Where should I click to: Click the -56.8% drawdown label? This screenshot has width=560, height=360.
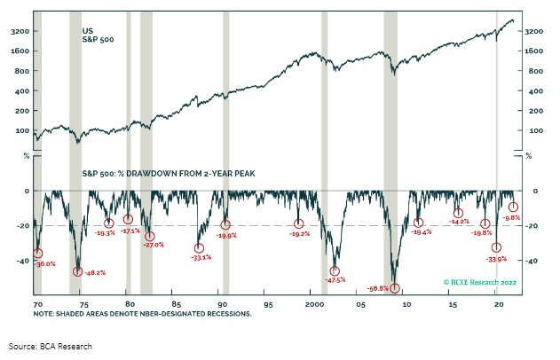[376, 287]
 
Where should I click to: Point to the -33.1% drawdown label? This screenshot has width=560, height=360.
[201, 257]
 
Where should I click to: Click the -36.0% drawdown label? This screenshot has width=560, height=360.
[44, 263]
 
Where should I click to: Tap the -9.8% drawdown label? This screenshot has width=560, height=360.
[511, 217]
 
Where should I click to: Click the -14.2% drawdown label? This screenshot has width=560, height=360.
[459, 223]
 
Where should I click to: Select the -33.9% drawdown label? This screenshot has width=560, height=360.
[496, 259]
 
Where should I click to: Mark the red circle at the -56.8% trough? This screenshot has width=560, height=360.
[395, 287]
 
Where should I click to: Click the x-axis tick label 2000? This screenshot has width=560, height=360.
[314, 303]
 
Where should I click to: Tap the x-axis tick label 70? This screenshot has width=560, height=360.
[36, 303]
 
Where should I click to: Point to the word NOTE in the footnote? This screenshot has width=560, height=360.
[44, 313]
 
